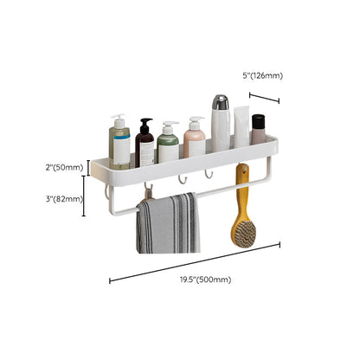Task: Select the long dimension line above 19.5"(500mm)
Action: click(195, 261)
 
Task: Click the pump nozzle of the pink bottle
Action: click(196, 119)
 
